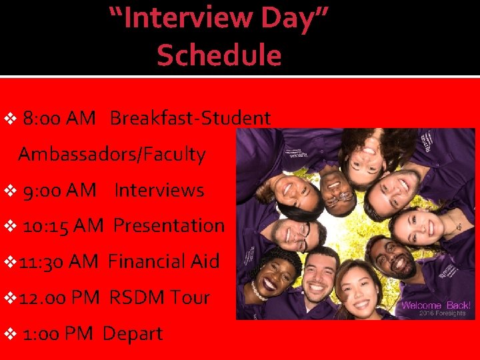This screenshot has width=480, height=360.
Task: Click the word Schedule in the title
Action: click(x=219, y=55)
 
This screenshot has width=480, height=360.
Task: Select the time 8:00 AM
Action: click(x=59, y=119)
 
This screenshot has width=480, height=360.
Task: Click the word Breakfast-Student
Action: click(x=190, y=119)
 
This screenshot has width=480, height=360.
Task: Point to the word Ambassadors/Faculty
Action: click(x=112, y=155)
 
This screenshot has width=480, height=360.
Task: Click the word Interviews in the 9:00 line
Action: click(x=159, y=190)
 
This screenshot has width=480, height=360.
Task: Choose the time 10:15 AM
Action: click(x=63, y=226)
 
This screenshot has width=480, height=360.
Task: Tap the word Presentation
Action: click(x=169, y=226)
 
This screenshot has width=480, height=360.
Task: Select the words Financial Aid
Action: click(x=163, y=261)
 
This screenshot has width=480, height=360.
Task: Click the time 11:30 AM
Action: click(x=59, y=261)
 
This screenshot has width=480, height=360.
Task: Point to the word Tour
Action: click(x=189, y=297)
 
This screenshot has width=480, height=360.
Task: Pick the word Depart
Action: click(x=133, y=333)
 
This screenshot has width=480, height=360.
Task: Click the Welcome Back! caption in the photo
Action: click(x=436, y=305)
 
